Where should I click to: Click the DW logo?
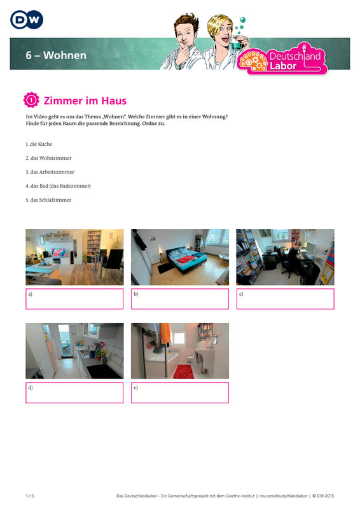[x=27, y=20]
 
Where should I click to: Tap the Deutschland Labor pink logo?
[x=283, y=59]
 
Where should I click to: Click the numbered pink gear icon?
[x=31, y=100]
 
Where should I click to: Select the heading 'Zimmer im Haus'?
[x=85, y=101]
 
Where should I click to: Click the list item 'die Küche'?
[x=39, y=144]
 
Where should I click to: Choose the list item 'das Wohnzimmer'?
[x=49, y=158]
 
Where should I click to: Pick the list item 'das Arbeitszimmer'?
[x=50, y=172]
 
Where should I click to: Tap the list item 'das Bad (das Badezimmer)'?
[x=58, y=186]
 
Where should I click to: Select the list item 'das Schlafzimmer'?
[x=49, y=200]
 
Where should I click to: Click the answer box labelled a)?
[x=74, y=299]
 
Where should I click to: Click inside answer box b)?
[x=180, y=299]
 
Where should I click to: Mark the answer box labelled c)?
[x=286, y=299]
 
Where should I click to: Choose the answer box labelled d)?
[x=74, y=393]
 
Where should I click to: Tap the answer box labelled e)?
[x=180, y=393]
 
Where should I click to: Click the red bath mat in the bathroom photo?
[x=184, y=372]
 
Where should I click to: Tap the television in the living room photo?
[x=58, y=252]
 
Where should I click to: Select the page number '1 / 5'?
[x=30, y=496]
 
